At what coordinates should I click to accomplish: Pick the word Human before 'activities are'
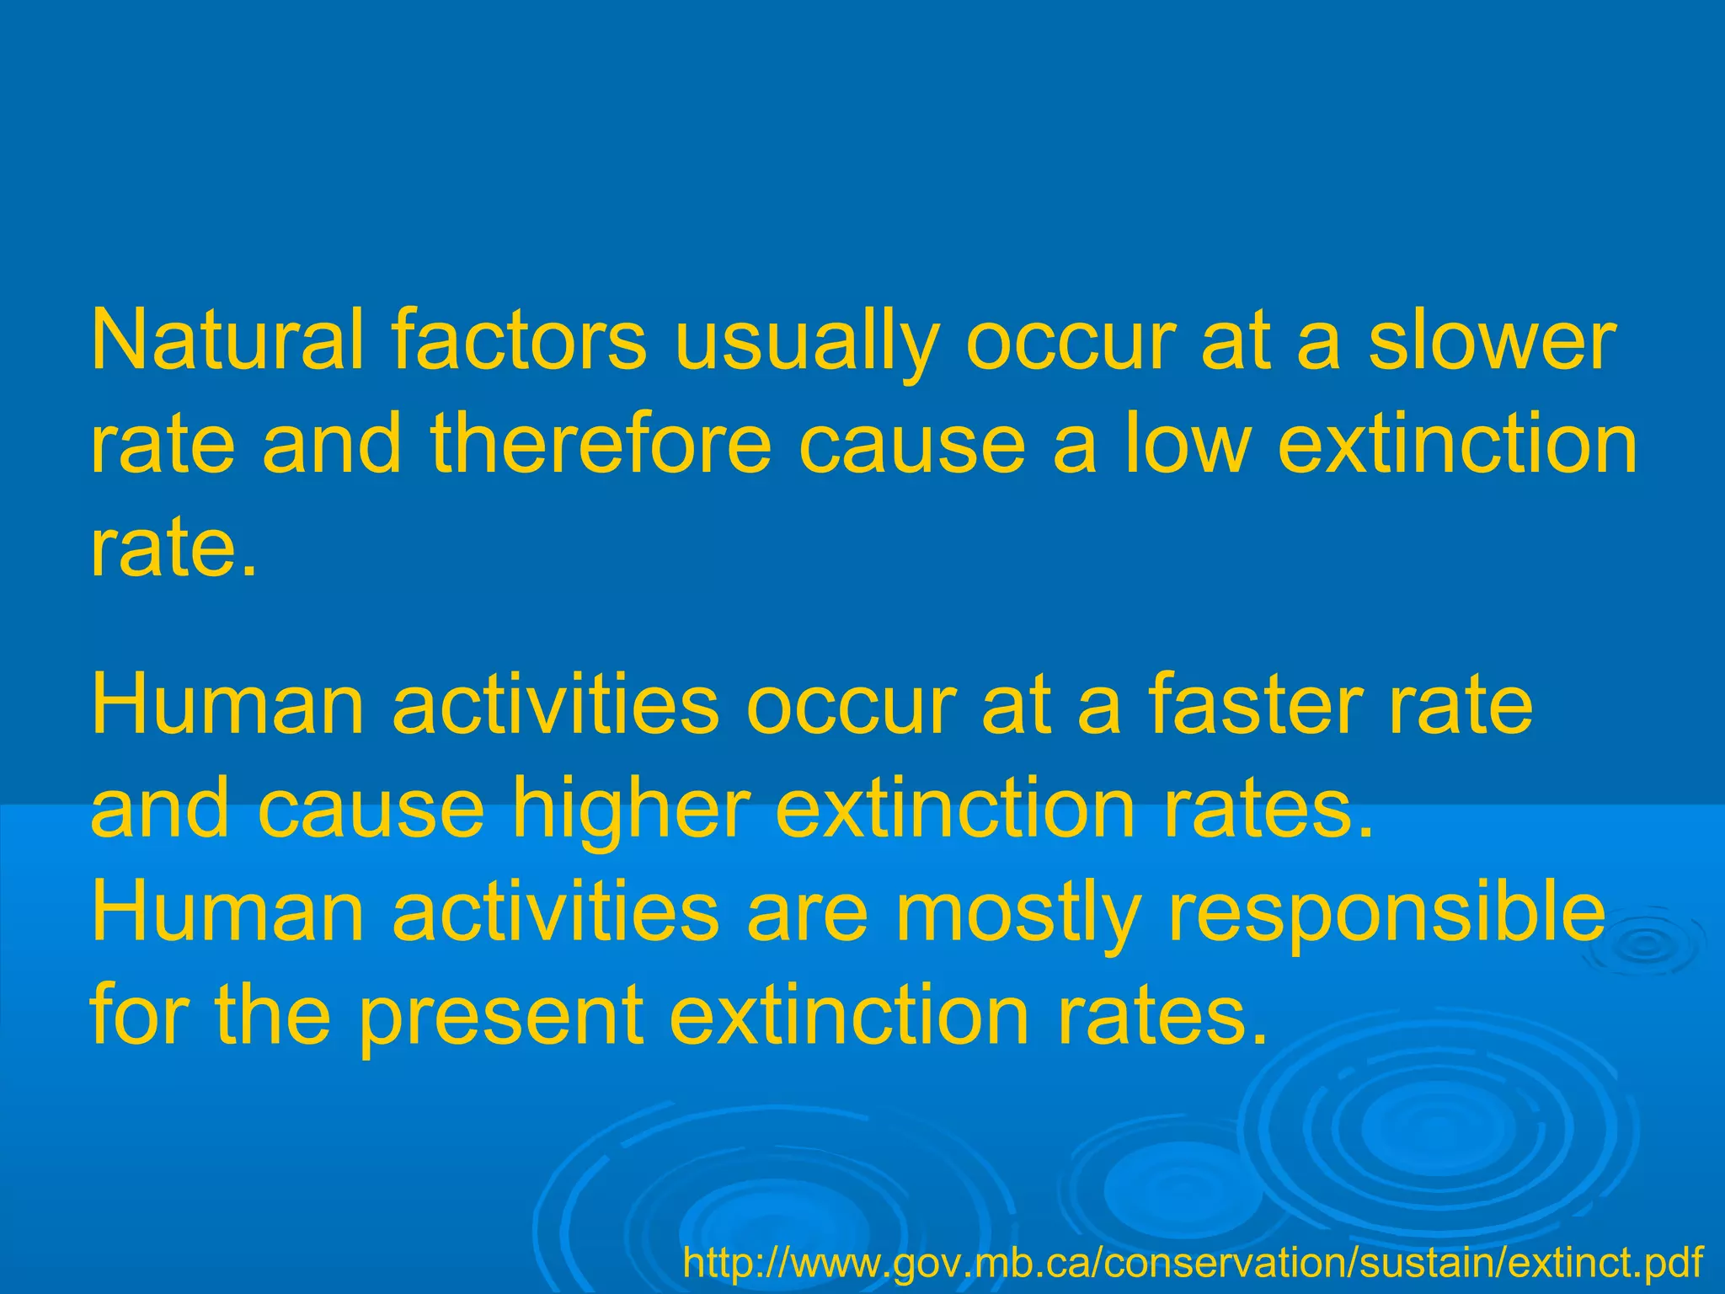pos(227,912)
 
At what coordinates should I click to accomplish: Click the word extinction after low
pos(1457,443)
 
